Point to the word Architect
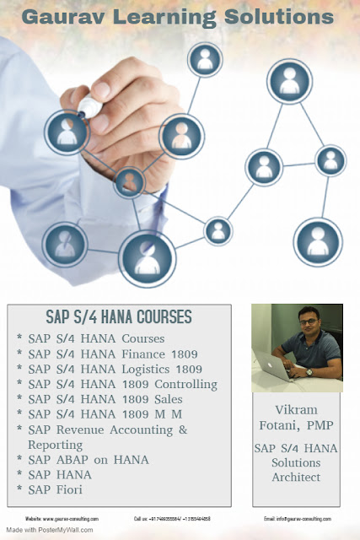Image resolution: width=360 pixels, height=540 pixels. click(297, 477)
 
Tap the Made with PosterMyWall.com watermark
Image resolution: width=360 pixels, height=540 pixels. click(47, 530)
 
